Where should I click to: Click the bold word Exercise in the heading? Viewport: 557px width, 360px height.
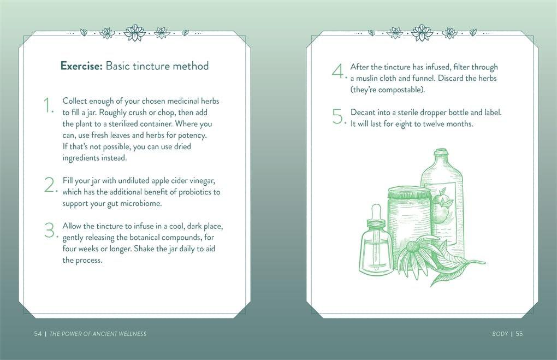(x=81, y=66)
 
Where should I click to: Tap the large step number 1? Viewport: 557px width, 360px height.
(x=48, y=105)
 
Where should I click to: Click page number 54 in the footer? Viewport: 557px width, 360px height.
(x=38, y=334)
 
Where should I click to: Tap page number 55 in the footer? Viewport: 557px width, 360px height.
(x=519, y=334)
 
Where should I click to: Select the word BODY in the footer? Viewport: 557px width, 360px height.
(x=500, y=334)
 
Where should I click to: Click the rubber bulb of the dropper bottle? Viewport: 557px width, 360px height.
(x=376, y=212)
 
